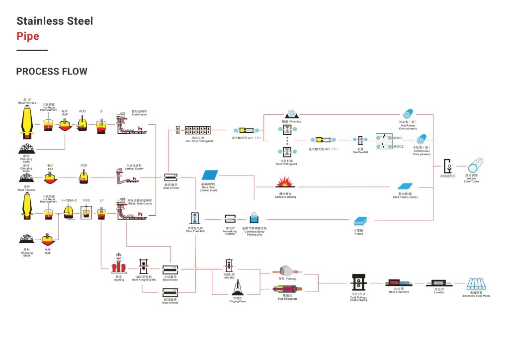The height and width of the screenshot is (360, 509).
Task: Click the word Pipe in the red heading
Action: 28,36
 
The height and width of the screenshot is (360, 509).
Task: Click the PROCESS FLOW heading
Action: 52,72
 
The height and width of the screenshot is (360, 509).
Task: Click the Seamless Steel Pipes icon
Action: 476,285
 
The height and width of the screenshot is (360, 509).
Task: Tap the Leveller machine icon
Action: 439,283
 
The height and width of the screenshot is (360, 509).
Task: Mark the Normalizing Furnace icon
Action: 230,219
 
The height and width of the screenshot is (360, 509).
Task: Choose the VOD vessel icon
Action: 86,213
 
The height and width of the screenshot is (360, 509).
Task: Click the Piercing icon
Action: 287,270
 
